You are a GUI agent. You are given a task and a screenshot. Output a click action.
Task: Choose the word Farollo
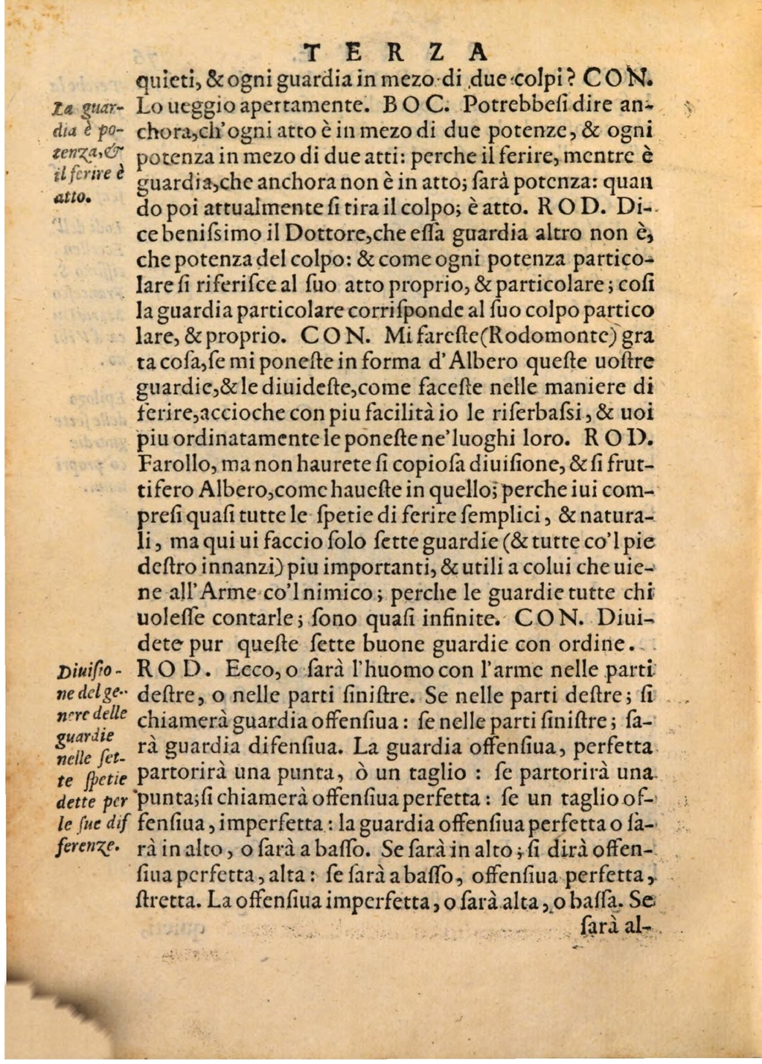(x=176, y=465)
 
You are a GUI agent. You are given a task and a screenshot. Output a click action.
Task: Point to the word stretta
(x=168, y=900)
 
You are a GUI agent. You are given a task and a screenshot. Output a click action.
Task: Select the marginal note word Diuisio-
(x=94, y=669)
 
